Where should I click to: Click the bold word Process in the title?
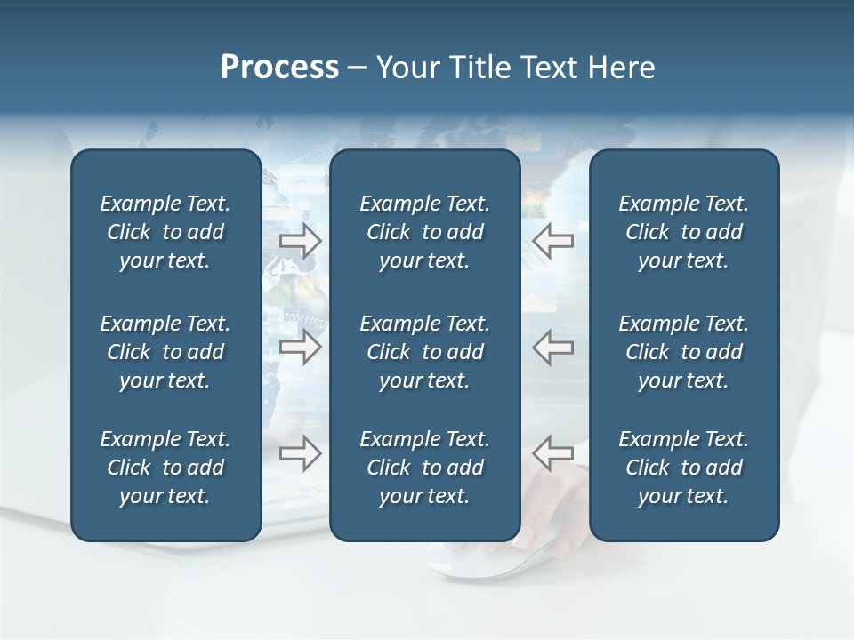279,68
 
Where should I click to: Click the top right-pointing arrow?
301,241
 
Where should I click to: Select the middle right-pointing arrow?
301,347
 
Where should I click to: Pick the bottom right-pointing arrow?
301,452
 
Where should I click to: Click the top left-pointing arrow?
553,240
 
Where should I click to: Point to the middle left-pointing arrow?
553,347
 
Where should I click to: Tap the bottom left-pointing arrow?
553,452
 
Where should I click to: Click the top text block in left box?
165,232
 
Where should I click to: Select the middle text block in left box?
165,352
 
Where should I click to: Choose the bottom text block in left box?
165,468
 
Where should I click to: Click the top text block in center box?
425,232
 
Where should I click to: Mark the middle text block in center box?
425,352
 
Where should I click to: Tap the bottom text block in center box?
425,468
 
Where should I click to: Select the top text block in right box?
684,232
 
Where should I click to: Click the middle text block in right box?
684,352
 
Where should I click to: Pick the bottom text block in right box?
684,468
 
